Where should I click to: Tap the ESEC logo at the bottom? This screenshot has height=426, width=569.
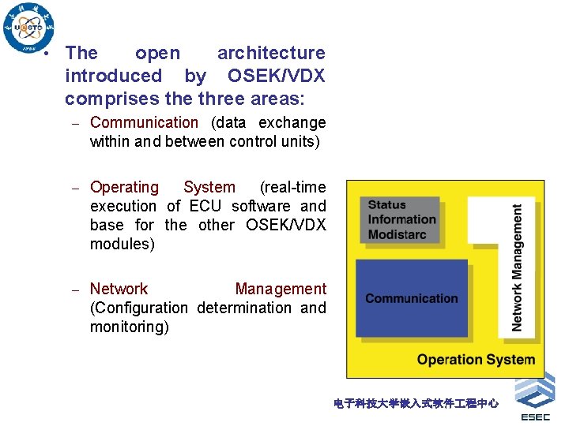(x=535, y=398)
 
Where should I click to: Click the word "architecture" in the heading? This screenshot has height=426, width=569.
(x=271, y=53)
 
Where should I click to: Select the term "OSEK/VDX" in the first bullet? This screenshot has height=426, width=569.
(x=276, y=76)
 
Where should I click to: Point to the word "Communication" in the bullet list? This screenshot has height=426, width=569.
(x=144, y=122)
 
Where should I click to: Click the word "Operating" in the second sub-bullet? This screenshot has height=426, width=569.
(x=124, y=187)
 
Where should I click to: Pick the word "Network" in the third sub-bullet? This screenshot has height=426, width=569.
(x=119, y=289)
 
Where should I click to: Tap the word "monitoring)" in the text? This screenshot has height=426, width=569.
(x=129, y=327)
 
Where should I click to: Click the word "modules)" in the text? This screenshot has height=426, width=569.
(x=122, y=244)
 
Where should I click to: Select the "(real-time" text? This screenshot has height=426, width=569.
(x=292, y=187)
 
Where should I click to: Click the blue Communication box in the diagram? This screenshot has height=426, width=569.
(x=411, y=299)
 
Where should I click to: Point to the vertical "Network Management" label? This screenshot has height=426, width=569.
(x=518, y=268)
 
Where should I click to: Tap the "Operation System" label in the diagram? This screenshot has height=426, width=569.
(x=476, y=360)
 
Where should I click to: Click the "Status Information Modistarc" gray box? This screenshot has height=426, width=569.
(x=403, y=219)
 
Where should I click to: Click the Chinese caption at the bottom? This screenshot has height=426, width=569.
(x=416, y=403)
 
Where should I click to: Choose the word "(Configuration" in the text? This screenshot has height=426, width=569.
(x=139, y=308)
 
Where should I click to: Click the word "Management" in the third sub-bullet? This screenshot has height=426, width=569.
(x=281, y=289)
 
